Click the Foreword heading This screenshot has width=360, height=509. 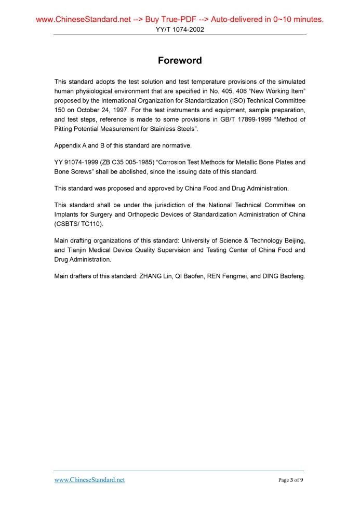(180, 61)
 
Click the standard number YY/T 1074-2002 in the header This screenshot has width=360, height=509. (180, 30)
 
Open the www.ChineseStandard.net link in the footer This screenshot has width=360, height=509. (89, 480)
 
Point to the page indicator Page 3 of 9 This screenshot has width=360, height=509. (291, 480)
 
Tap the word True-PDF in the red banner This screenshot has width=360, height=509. (168, 20)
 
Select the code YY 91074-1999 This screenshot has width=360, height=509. (77, 162)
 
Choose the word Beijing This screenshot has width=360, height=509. (293, 240)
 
